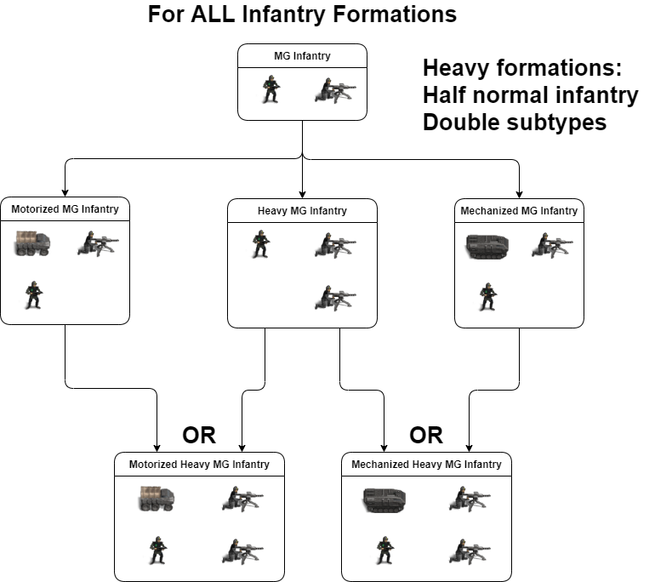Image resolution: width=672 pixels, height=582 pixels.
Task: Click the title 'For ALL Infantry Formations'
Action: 302,14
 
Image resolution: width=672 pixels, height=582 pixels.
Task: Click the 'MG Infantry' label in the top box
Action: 302,56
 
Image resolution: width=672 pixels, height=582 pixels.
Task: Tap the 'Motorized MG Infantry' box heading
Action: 65,208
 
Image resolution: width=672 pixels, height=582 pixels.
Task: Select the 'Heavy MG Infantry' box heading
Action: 302,210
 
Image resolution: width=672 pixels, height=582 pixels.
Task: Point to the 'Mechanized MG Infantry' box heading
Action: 519,210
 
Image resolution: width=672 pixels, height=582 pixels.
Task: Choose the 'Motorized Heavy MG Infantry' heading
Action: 199,464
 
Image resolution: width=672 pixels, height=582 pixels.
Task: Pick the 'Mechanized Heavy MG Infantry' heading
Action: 426,464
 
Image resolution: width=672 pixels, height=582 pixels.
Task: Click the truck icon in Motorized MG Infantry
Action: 34,244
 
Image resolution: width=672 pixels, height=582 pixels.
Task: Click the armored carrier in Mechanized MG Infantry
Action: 487,246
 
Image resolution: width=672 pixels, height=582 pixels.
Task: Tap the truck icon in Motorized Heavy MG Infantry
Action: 157,499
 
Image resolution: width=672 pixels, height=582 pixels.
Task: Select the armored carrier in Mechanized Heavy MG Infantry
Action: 384,498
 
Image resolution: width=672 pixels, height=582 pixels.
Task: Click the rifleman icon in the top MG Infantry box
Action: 271,89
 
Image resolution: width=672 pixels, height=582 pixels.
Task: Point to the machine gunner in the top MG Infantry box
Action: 335,89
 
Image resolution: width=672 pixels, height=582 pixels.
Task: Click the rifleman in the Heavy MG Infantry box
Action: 260,244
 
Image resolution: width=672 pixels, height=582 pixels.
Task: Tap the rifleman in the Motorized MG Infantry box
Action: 33,295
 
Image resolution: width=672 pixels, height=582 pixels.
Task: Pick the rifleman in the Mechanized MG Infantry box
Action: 487,295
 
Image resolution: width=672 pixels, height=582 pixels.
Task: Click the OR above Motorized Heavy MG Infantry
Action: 199,436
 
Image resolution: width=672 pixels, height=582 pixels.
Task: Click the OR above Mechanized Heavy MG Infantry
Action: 426,436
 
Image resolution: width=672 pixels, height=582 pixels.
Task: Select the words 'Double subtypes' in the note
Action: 514,122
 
